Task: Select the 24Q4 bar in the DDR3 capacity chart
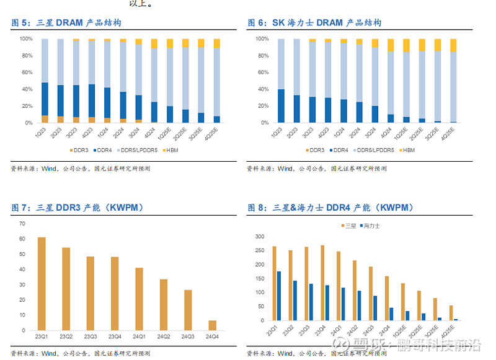tap(213, 327)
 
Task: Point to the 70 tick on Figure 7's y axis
tap(22, 224)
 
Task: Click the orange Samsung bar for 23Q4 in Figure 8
tap(322, 283)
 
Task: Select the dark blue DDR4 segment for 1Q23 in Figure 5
tap(45, 99)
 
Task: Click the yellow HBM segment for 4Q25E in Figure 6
tap(453, 45)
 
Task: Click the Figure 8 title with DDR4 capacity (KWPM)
tap(330, 208)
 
